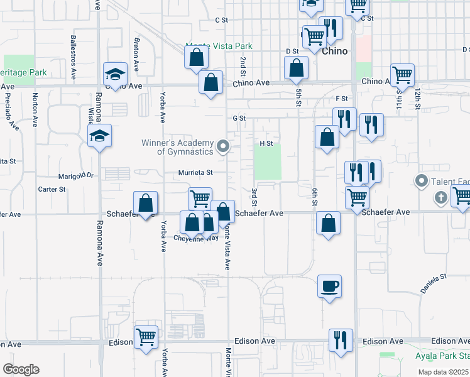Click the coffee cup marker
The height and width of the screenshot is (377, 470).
click(x=329, y=287)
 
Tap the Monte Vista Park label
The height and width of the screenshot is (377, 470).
click(x=219, y=46)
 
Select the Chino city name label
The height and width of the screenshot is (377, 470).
click(x=334, y=52)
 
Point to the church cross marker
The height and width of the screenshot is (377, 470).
click(x=440, y=199)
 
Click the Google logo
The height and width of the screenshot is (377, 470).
click(x=21, y=369)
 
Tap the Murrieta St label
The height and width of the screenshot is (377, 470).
click(x=196, y=172)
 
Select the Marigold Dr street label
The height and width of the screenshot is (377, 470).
click(x=75, y=176)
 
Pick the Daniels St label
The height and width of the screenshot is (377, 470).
click(x=433, y=283)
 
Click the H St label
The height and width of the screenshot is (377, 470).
click(x=266, y=143)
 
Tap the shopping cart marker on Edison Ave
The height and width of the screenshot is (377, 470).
click(x=146, y=337)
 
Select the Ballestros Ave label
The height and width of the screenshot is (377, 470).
click(x=74, y=47)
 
